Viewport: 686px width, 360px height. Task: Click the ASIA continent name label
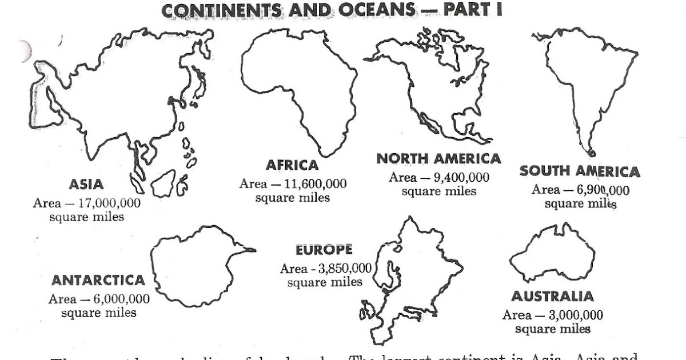(x=86, y=185)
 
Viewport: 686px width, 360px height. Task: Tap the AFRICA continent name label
(x=292, y=165)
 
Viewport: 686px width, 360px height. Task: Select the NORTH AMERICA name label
(x=438, y=158)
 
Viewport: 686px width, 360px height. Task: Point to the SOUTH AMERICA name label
(x=580, y=171)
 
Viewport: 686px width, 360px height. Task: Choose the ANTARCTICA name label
(x=98, y=281)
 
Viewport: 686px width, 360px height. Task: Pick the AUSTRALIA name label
(x=552, y=297)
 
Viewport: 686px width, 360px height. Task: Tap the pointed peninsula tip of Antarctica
(x=253, y=250)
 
